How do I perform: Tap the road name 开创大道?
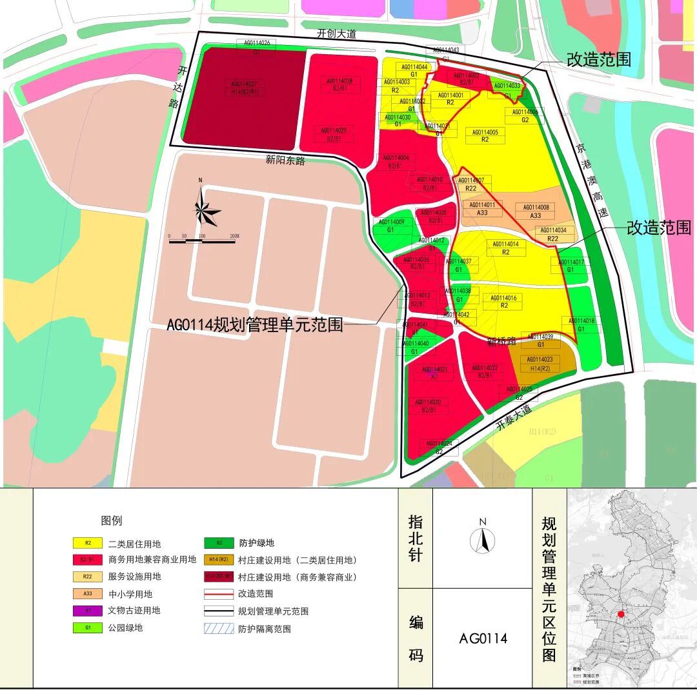pos(336,34)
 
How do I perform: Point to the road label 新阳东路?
pos(285,161)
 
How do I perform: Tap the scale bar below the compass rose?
pos(202,241)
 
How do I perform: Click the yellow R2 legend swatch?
pos(89,543)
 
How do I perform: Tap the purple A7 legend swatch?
pos(89,610)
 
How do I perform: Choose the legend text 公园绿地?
pos(126,627)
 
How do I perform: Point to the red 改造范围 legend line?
pos(219,593)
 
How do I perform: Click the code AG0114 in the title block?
pos(483,638)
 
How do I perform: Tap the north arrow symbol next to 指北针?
pos(482,540)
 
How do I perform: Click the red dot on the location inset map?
pos(621,615)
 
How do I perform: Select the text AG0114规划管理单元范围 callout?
pos(254,324)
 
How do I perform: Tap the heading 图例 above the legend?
pos(112,520)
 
